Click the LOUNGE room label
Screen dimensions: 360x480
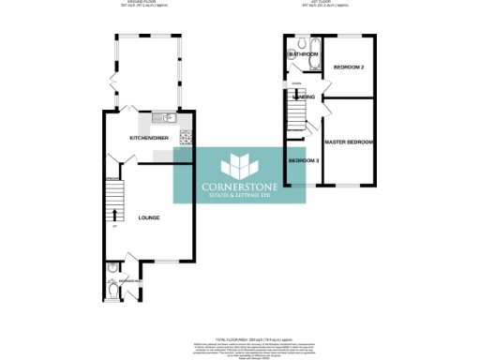149,217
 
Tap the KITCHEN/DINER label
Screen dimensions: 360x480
149,138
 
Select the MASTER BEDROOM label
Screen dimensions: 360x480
349,142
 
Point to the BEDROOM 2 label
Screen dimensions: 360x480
349,67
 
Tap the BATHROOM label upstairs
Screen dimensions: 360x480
303,54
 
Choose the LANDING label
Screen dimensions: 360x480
303,97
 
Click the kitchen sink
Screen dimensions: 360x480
158,118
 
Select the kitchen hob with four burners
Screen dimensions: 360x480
185,138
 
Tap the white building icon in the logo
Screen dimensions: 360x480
240,164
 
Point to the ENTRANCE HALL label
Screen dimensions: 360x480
128,279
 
